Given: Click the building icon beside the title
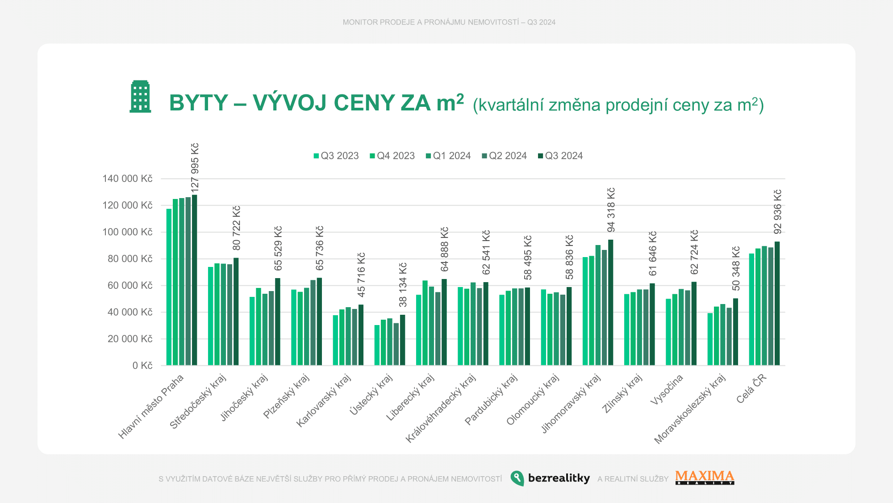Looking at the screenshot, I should [x=140, y=97].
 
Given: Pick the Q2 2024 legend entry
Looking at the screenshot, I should [x=505, y=156].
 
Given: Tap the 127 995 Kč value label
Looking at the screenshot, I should [x=195, y=168].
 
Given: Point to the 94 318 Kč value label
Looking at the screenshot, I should [x=611, y=210].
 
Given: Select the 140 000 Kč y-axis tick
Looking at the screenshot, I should [x=127, y=179].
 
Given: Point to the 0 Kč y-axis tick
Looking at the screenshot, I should [x=142, y=366].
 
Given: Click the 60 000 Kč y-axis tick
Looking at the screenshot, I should [x=130, y=285].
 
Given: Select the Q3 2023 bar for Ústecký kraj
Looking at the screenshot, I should [x=377, y=345].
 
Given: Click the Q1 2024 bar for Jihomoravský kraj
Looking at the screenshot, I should [x=598, y=305].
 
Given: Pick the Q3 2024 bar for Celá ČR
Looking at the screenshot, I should [x=777, y=304].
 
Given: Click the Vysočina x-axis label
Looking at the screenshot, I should [x=667, y=389].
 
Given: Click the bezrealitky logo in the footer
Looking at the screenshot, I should [x=550, y=478].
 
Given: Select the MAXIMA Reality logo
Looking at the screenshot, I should [x=705, y=478].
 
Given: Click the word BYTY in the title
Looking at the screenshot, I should [x=199, y=103].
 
